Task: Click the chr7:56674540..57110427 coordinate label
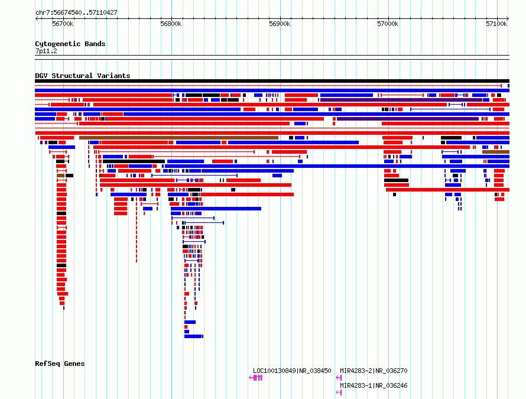[x=76, y=13]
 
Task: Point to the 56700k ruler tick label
[x=63, y=24]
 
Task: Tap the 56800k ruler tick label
[x=171, y=24]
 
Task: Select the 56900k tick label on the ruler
[x=280, y=24]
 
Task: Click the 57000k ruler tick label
[x=388, y=24]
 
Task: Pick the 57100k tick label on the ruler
[x=497, y=24]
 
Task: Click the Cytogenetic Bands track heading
[x=70, y=44]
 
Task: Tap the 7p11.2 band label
[x=46, y=51]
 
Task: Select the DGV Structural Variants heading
[x=83, y=76]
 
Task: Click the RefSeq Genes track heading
[x=60, y=364]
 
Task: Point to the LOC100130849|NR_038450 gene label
[x=292, y=371]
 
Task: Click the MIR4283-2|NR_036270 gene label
[x=374, y=371]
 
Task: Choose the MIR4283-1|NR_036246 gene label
[x=374, y=385]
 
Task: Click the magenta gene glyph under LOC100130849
[x=256, y=378]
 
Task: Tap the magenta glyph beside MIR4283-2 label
[x=339, y=378]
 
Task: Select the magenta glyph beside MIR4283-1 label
[x=339, y=392]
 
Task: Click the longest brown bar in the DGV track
[x=179, y=138]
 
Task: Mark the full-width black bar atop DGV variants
[x=272, y=81]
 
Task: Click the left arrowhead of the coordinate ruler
[x=36, y=19]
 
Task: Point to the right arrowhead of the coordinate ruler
[x=508, y=19]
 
